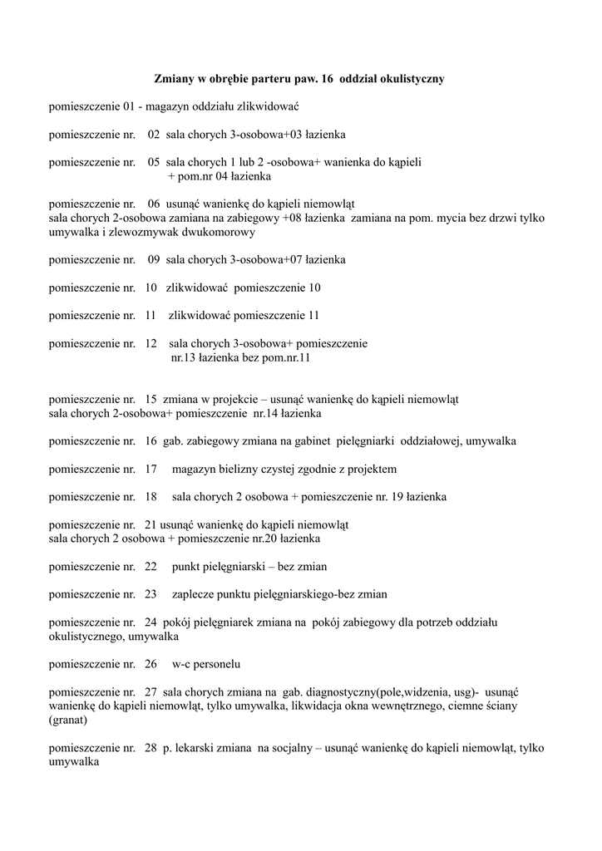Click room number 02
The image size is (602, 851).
(x=154, y=134)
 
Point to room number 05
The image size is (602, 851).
(x=154, y=162)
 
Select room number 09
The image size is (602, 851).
(x=154, y=259)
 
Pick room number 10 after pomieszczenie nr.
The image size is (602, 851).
(x=151, y=288)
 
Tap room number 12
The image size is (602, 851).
(x=151, y=342)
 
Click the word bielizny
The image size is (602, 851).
(x=239, y=469)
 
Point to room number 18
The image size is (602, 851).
(x=151, y=497)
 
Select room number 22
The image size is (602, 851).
(x=151, y=567)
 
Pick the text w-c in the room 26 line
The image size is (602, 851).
(x=181, y=664)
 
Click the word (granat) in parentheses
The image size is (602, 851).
(x=68, y=720)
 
